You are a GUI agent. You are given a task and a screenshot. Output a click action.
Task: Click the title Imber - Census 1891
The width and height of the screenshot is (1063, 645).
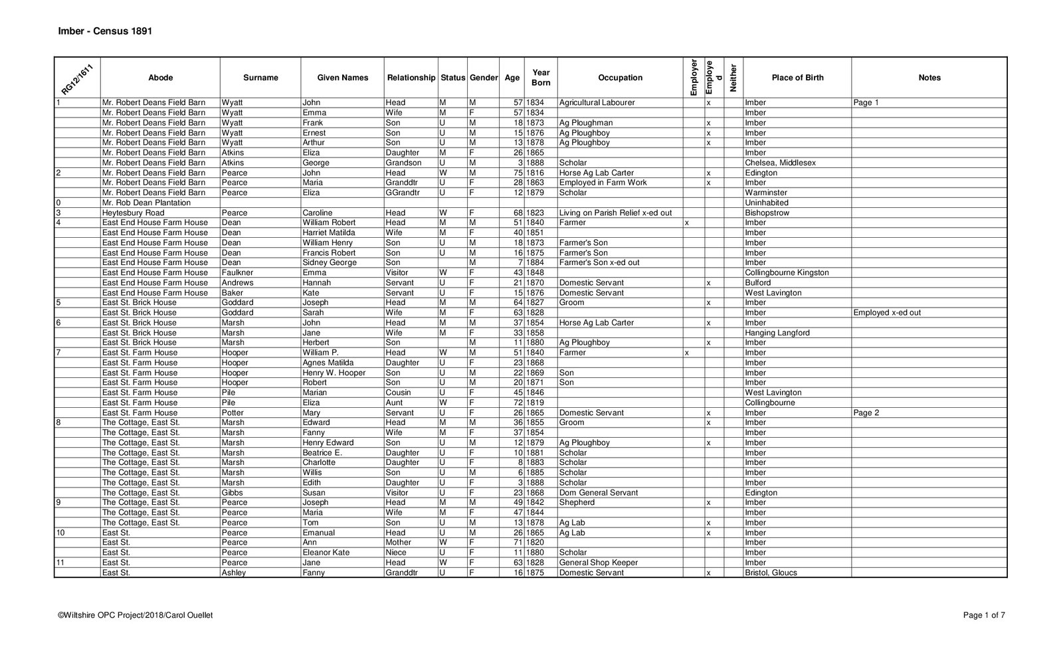[x=105, y=31]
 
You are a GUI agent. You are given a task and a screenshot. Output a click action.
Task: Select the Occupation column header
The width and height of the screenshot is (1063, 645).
[x=620, y=78]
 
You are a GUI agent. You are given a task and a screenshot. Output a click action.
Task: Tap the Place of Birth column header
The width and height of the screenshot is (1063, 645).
[x=797, y=78]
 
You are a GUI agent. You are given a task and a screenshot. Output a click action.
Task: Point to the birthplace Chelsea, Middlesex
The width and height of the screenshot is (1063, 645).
[x=780, y=163]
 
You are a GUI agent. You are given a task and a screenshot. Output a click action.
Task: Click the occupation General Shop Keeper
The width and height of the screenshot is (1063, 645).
[x=598, y=563]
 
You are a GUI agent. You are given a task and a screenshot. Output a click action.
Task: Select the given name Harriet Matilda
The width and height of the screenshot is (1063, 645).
[x=328, y=232]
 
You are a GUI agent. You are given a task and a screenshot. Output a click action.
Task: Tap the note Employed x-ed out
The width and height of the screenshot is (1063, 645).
[x=887, y=313]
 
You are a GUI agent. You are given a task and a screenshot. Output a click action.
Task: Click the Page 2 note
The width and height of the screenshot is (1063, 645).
[x=866, y=413]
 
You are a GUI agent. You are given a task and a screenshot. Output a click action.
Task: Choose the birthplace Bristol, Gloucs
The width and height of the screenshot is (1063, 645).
[x=771, y=573]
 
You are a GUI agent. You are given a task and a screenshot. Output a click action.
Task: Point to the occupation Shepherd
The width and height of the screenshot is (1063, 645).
[x=577, y=503]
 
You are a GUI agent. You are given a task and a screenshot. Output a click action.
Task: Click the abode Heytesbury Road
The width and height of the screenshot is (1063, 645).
[x=133, y=213]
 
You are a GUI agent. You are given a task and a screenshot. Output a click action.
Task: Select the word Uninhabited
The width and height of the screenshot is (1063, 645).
[x=767, y=203]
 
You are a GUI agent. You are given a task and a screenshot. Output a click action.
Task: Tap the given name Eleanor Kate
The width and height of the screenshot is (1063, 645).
[x=326, y=553]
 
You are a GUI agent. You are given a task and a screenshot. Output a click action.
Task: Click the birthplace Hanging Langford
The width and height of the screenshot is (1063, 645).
[x=777, y=333]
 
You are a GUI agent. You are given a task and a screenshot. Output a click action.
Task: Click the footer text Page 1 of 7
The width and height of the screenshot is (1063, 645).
[x=984, y=615]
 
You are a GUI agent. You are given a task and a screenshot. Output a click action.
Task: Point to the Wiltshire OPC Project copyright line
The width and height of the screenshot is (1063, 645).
[x=136, y=615]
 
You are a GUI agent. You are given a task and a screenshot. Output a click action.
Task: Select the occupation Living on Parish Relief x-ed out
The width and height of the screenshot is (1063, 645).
[x=615, y=213]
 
